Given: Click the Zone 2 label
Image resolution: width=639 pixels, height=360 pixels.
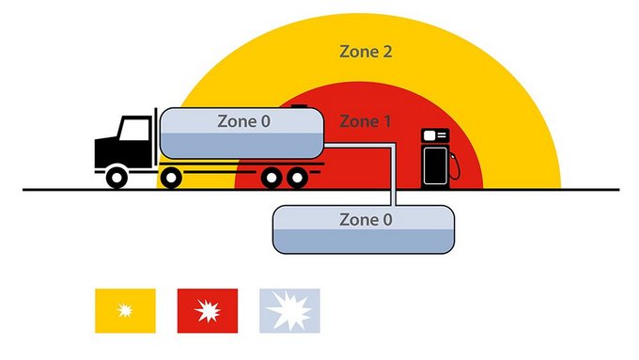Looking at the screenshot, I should coord(366,51).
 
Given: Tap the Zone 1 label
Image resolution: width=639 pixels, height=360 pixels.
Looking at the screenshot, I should coord(365,121).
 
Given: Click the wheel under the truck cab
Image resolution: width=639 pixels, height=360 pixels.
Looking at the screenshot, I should coord(117,176).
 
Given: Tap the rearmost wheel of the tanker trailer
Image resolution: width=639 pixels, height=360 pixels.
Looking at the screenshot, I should coord(297,176).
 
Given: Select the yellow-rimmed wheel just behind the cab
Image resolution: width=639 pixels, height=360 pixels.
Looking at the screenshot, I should coord(169,176).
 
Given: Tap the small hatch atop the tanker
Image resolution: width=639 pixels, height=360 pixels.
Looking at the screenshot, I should coord(298,107).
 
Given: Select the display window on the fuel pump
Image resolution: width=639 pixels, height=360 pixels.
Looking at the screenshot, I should coord(434,136).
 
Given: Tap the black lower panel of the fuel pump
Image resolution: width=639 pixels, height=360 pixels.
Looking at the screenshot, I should coord(434,167).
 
